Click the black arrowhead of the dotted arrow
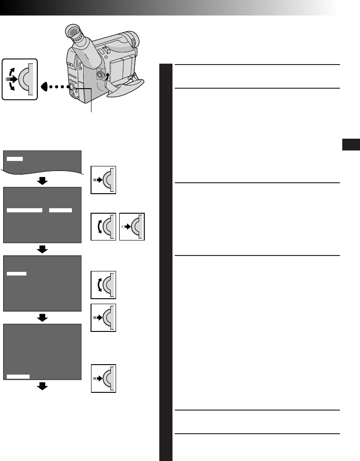pyautogui.click(x=45, y=85)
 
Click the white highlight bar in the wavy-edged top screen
pyautogui.click(x=15, y=158)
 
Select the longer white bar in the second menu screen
pyautogui.click(x=25, y=210)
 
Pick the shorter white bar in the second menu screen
pyautogui.click(x=60, y=210)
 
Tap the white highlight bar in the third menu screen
pyautogui.click(x=17, y=273)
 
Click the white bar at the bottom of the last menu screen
pyautogui.click(x=19, y=376)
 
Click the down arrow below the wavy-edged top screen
pyautogui.click(x=42, y=181)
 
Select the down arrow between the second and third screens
pyautogui.click(x=42, y=250)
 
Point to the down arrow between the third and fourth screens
pyautogui.click(x=42, y=318)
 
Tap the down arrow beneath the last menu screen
pyautogui.click(x=42, y=386)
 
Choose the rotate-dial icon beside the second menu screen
pyautogui.click(x=103, y=226)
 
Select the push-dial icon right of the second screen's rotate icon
pyautogui.click(x=132, y=226)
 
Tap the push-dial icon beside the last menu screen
pyautogui.click(x=103, y=378)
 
